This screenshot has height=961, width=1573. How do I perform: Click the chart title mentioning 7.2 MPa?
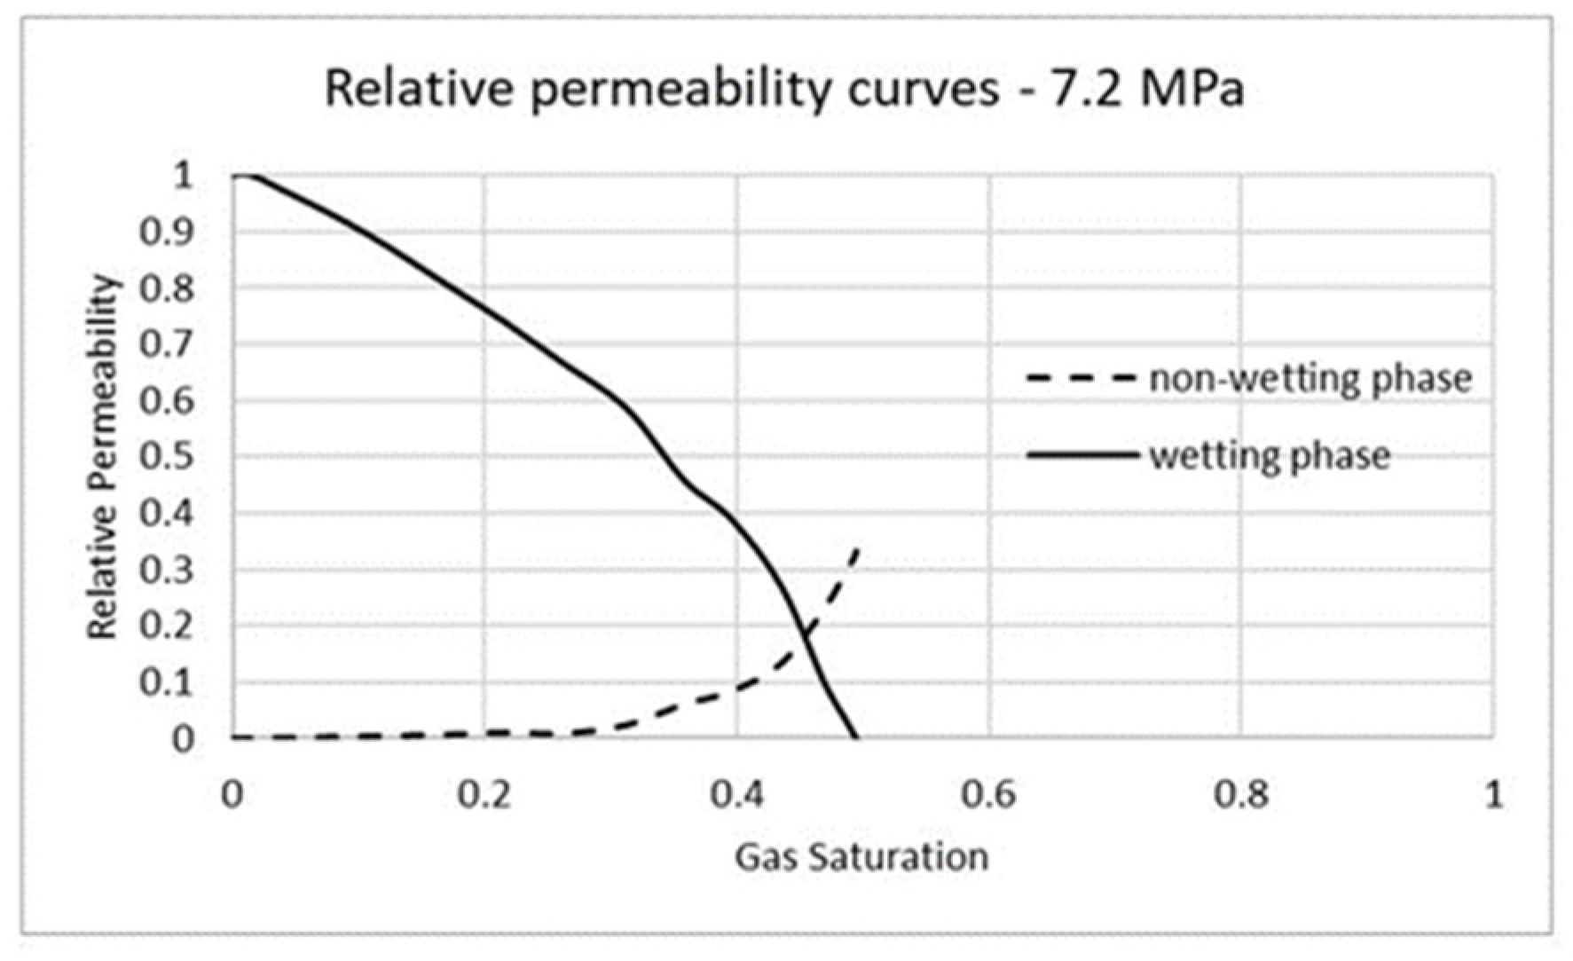coord(784,89)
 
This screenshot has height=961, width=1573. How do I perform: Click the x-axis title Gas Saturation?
coord(861,857)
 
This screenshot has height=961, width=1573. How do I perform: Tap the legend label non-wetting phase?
coord(1310,379)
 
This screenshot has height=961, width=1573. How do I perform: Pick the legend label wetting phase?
coord(1270,456)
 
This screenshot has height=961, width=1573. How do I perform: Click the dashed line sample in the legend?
coord(1081,379)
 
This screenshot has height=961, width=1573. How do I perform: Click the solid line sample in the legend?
coord(1082,456)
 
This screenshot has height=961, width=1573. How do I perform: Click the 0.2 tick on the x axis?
coord(484,794)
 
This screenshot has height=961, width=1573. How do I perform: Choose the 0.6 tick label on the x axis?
coord(988,794)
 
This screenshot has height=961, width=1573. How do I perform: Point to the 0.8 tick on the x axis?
coord(1241,794)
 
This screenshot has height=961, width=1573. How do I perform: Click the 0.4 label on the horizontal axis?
coord(736,794)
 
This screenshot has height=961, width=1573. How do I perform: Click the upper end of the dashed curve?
coord(857,549)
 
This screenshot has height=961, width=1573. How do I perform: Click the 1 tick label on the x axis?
coord(1494,794)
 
